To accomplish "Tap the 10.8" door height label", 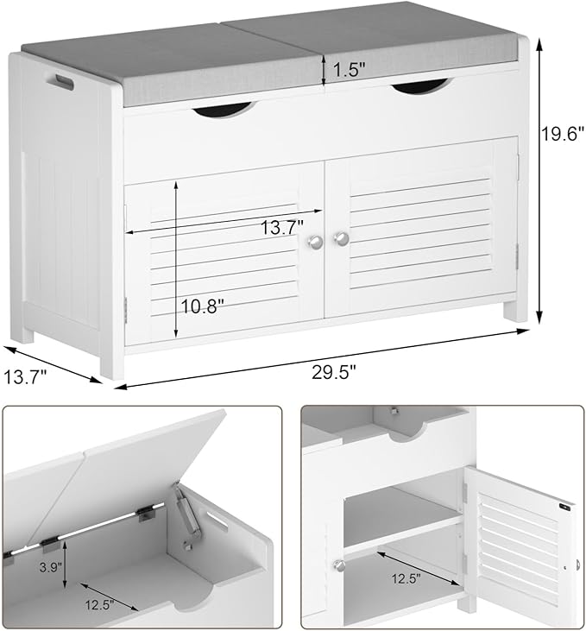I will [205, 306].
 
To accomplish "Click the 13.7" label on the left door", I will [281, 227].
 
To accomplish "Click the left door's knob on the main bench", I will [316, 243].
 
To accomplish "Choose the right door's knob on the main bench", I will [342, 238].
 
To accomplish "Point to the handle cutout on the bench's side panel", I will [63, 84].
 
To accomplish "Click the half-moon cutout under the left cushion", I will [222, 110].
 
